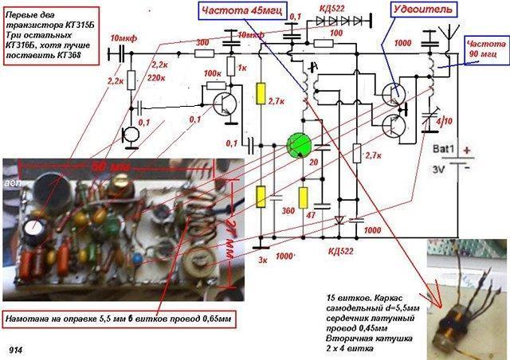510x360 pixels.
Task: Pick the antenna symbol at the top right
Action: click(437, 37)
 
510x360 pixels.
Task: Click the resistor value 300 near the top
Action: click(202, 41)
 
